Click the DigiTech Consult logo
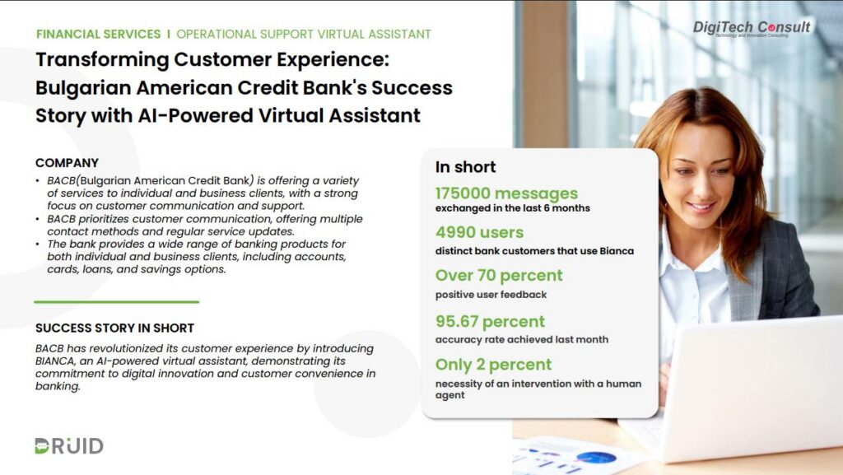[751, 27]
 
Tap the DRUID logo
[69, 445]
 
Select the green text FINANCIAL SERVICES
[99, 34]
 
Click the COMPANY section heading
[68, 163]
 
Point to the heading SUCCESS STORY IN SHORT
[114, 328]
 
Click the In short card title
[466, 167]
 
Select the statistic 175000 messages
[506, 193]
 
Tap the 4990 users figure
[480, 232]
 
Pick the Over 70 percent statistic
[499, 275]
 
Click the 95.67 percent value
[490, 321]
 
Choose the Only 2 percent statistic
[494, 365]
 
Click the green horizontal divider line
[117, 302]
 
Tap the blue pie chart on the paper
[596, 458]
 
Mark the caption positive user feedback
[491, 295]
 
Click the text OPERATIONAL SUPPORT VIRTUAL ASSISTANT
[304, 34]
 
